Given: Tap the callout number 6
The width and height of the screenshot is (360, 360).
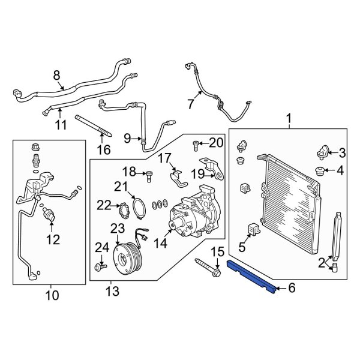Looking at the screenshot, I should pos(292,289).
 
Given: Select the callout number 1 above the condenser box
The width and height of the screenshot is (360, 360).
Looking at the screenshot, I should pos(289,121).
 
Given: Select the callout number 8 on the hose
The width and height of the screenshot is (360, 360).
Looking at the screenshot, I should pos(57,76).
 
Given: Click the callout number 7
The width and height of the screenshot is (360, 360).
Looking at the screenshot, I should pos(190,104).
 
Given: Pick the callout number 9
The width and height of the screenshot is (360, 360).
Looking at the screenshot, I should pos(127,139).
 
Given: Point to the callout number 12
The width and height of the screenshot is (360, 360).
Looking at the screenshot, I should pos(53,240).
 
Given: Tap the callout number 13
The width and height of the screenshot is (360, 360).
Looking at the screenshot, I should pos(112,292).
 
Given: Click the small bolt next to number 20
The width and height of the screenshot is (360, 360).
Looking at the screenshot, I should pos(196,144).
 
